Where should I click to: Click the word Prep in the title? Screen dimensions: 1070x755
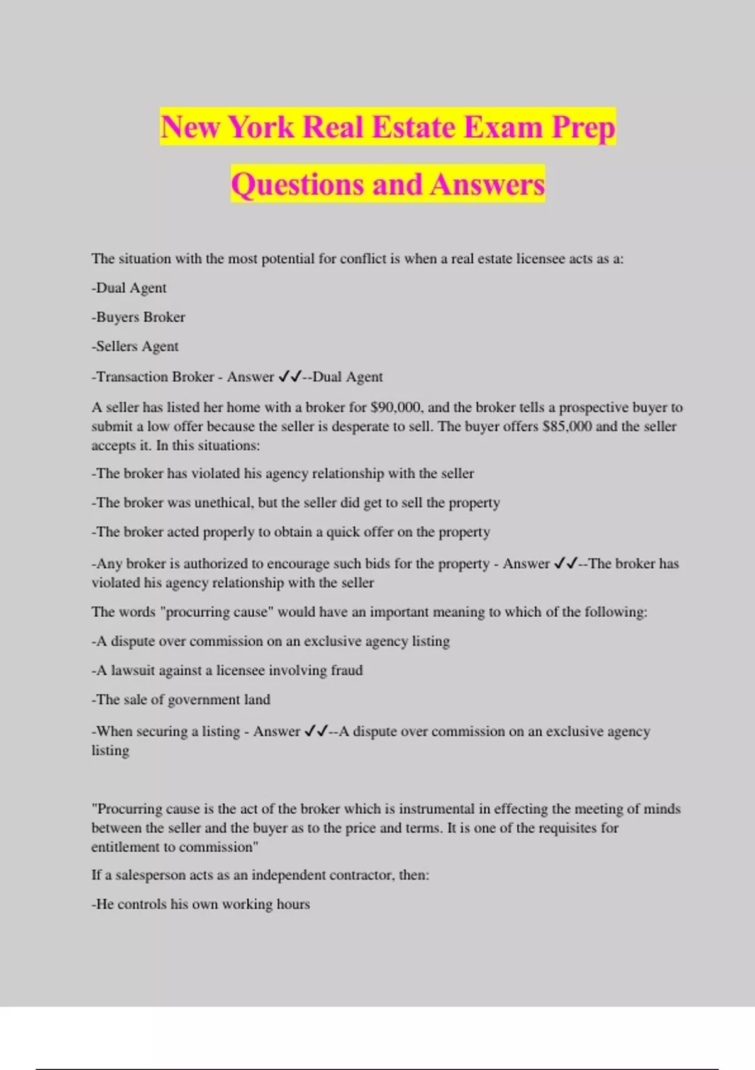(583, 127)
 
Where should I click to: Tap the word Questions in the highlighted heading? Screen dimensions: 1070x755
(298, 184)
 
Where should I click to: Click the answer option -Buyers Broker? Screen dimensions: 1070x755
(138, 317)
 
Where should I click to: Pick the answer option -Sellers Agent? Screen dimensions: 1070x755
(135, 346)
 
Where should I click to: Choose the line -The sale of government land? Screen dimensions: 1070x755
(181, 700)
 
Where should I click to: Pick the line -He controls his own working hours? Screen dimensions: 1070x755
(201, 904)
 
